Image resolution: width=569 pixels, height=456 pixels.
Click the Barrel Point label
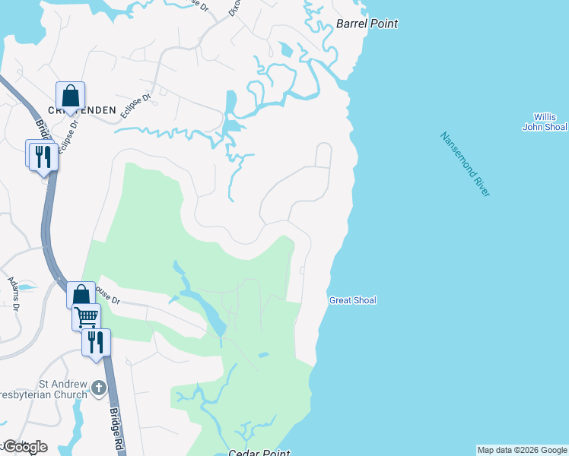(367, 24)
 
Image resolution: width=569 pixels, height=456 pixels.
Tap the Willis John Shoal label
(544, 122)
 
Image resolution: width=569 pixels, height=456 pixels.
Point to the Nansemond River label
(465, 164)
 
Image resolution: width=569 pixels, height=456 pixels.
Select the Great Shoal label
(352, 301)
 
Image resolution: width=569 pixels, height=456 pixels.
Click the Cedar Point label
(259, 453)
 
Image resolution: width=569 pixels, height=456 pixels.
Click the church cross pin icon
(99, 389)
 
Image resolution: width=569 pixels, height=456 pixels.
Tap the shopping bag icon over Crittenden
(70, 96)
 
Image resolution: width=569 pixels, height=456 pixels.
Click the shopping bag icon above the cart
(81, 295)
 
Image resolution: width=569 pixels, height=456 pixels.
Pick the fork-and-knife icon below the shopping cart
(96, 341)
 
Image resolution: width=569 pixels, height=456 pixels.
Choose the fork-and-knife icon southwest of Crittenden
(41, 156)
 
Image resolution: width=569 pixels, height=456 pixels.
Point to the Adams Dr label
(13, 295)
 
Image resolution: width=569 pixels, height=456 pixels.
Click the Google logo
(25, 446)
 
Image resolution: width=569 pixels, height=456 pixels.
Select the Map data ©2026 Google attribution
(522, 450)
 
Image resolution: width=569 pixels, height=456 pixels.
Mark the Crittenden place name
(84, 110)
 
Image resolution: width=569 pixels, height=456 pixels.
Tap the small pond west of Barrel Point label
(285, 51)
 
